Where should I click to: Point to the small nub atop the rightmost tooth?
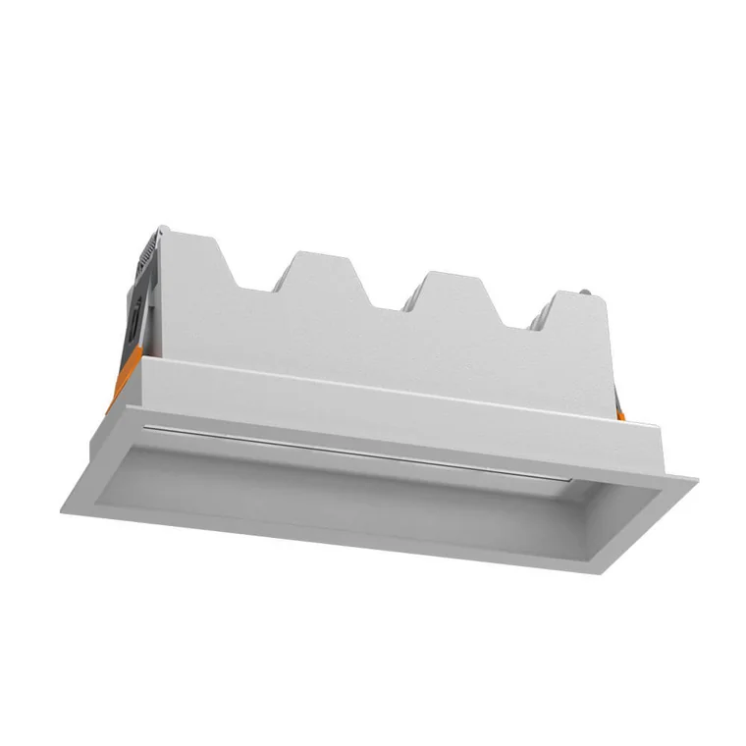(x=586, y=292)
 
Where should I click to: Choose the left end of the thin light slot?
(x=147, y=428)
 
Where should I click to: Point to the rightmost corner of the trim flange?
(x=696, y=481)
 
